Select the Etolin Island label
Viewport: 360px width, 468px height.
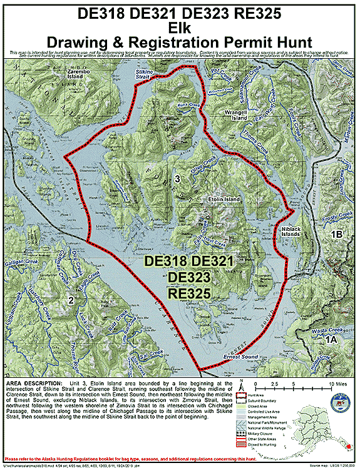224,199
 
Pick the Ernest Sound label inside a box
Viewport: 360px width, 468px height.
240,357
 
